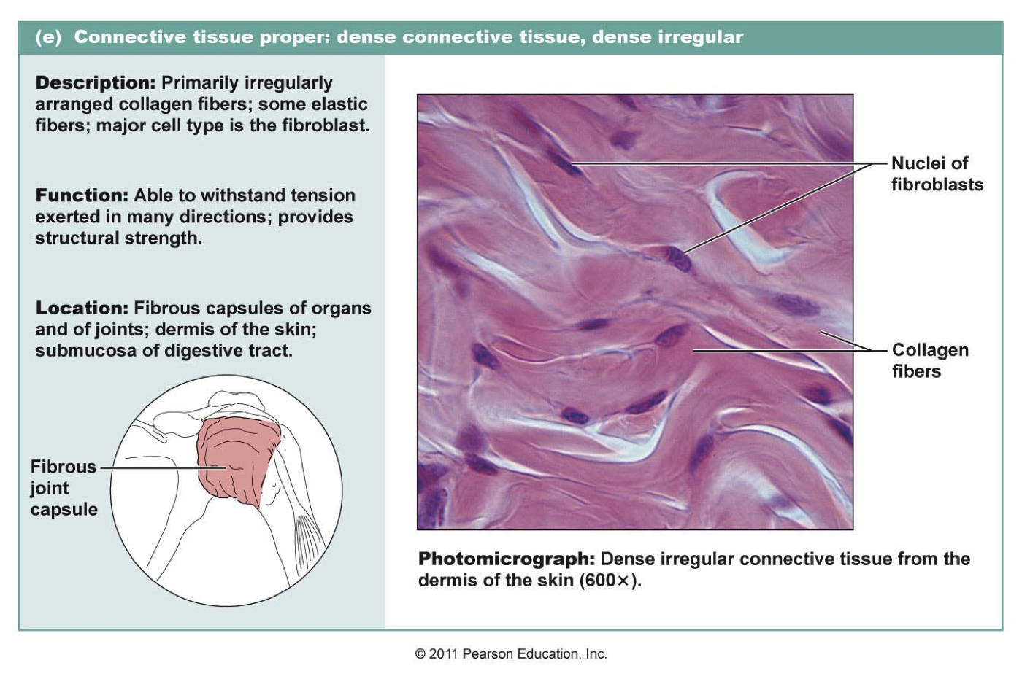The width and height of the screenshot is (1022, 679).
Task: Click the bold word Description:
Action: (x=96, y=83)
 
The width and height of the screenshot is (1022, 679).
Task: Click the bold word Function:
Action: (x=82, y=195)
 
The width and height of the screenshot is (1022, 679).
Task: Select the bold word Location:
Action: (x=82, y=309)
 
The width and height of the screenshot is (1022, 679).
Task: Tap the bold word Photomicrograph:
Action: (x=506, y=559)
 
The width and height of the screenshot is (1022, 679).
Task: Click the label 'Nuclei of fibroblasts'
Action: (x=937, y=174)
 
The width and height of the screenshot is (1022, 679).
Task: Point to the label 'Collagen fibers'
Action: (x=929, y=360)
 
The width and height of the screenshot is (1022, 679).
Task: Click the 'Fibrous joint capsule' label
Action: (x=64, y=488)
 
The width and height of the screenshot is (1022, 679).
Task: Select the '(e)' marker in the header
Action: (x=48, y=37)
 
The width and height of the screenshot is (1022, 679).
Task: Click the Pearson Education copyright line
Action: (x=511, y=654)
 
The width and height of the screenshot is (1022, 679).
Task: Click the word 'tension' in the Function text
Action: (x=321, y=195)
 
